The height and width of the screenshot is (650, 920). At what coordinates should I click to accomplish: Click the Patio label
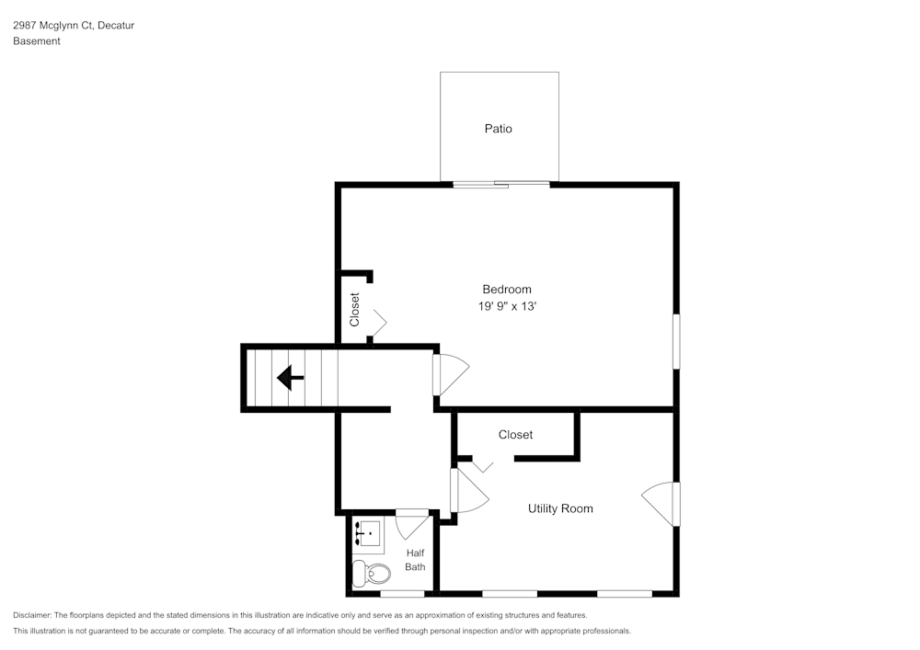coord(498,129)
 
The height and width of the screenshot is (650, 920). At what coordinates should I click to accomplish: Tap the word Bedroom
coord(507,290)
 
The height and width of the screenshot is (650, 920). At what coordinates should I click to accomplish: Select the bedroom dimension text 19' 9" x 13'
coord(507,307)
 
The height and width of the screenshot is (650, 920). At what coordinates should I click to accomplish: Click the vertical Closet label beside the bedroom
coord(355,310)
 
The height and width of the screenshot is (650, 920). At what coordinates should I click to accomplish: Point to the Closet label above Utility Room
coord(515,435)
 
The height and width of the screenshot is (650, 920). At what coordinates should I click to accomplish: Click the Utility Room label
coord(560,508)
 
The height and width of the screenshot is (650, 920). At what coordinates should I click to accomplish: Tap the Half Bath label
coord(416,560)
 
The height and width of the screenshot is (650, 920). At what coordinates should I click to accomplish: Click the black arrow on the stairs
coord(291,377)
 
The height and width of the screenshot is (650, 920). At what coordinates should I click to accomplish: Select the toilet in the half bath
coord(373,574)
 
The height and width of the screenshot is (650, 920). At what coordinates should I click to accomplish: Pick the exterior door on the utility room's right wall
coord(661,504)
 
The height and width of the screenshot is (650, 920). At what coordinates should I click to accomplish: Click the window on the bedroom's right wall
coord(676,342)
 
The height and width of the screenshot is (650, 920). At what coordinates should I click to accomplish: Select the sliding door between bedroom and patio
coord(501,185)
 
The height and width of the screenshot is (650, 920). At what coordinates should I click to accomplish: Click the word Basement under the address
coord(37,41)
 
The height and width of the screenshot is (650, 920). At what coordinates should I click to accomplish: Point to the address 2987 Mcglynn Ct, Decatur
coord(74,26)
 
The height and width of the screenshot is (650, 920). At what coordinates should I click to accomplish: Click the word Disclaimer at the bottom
coord(32,615)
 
